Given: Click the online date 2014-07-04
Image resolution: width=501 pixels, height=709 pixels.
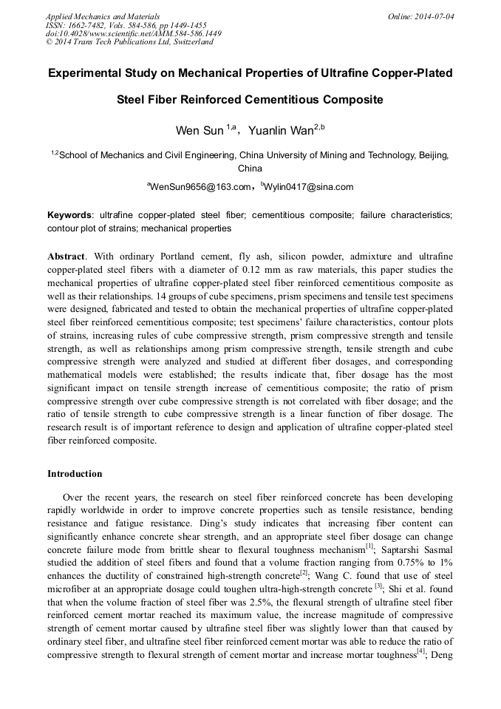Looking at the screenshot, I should tap(434, 16).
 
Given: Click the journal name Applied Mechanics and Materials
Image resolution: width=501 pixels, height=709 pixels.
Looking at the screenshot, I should tap(102, 16).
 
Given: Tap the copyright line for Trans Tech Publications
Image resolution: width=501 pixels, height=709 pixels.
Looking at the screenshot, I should tap(129, 42).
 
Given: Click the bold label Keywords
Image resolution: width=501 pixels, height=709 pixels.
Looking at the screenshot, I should tap(70, 215).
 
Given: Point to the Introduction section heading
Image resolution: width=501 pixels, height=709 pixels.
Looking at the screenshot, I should tap(75, 473).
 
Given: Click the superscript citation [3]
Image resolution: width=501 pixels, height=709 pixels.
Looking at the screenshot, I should tap(378, 586).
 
